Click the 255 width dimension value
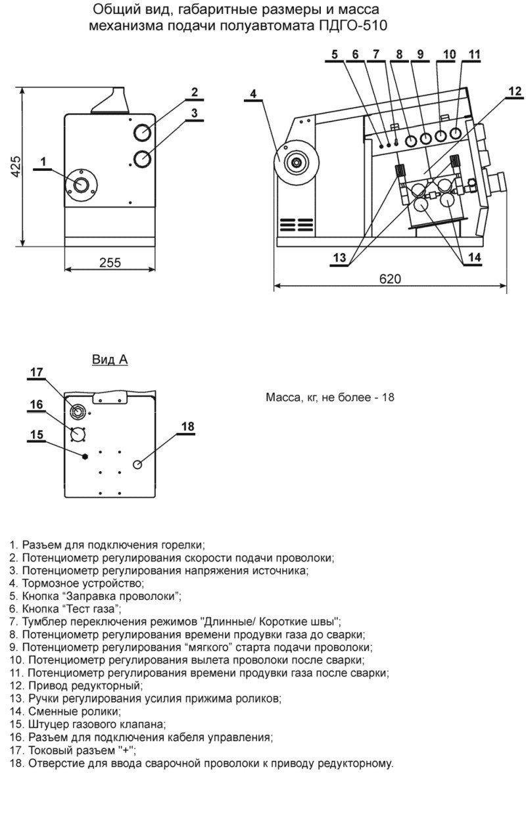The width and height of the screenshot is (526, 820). [x=110, y=262]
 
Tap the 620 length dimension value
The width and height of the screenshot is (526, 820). [x=389, y=279]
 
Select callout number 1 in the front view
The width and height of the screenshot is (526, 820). [x=43, y=161]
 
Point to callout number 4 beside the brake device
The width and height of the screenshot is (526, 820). [x=252, y=94]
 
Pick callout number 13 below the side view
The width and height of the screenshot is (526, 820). [x=339, y=258]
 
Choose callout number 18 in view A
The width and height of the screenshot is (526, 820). [x=187, y=426]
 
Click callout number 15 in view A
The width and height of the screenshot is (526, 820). [x=37, y=434]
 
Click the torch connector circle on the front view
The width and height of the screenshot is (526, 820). [x=82, y=184]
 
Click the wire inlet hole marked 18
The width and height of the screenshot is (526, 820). [x=138, y=465]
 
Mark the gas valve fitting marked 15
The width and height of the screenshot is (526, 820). [x=85, y=456]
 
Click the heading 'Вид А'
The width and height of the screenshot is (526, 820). [x=110, y=359]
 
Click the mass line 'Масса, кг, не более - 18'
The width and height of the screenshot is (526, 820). [x=329, y=398]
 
